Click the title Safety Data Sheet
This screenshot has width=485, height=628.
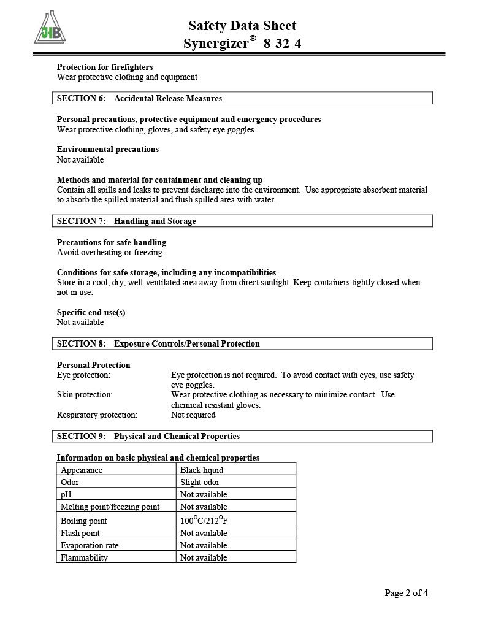point(242,26)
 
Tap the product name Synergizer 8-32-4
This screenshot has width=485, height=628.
point(242,44)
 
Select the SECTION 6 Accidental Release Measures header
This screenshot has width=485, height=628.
point(140,98)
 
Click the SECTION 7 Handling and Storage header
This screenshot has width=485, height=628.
point(127,221)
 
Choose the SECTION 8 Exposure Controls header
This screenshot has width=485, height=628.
point(159,343)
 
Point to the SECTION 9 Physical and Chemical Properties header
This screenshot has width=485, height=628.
point(148,436)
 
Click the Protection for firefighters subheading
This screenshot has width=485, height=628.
point(105,67)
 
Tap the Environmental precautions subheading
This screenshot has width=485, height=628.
point(108,149)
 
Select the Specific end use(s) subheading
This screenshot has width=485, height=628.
point(91,312)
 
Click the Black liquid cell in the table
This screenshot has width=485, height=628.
point(202,470)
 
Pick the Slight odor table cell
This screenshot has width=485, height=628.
point(200,482)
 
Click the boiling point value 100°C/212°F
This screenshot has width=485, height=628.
point(208,520)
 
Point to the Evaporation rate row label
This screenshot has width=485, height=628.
point(90,545)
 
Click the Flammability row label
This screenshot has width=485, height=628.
point(84,557)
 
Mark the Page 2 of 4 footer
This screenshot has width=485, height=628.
point(406,592)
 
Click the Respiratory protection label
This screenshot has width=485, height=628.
point(97,415)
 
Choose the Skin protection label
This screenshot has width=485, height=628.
point(85,394)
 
